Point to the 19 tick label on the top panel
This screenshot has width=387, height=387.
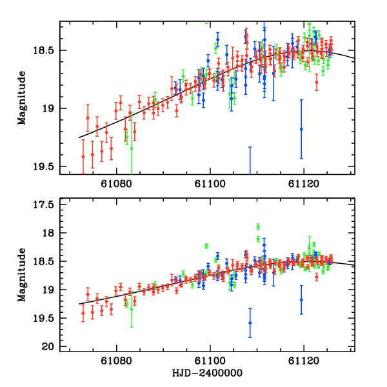[x=49, y=108]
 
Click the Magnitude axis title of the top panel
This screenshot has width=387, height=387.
[x=22, y=97]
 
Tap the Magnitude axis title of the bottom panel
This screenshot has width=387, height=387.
[x=22, y=274]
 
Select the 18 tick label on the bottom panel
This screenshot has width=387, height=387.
[x=49, y=233]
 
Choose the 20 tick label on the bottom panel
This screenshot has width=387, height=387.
[x=49, y=348]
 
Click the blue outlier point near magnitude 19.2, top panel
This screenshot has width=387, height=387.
[x=301, y=129]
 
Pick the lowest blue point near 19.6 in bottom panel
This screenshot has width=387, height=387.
[x=250, y=322]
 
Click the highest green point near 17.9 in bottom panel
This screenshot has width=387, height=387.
[x=258, y=226]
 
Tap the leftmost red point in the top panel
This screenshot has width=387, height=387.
[x=83, y=156]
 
